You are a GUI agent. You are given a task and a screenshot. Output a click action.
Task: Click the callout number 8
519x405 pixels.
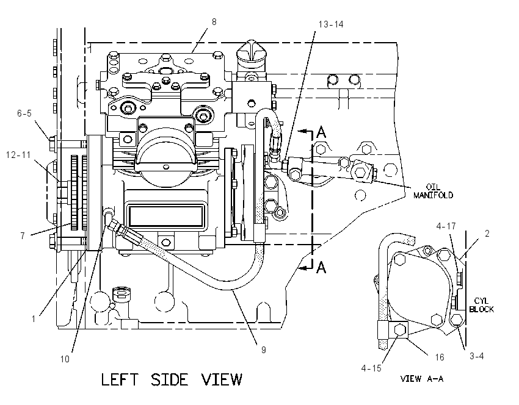214,22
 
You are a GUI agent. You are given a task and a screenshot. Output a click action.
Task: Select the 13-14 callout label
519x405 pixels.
331,24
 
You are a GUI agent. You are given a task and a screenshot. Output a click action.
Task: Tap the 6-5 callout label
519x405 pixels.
24,113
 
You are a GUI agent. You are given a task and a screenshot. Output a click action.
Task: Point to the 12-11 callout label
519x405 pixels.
18,154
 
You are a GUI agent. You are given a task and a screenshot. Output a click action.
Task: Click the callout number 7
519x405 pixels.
23,235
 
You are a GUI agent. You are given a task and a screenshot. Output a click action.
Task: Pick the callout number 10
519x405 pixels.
65,359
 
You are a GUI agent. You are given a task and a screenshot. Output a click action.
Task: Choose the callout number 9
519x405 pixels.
264,349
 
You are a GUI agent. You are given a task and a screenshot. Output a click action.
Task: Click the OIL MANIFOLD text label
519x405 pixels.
433,191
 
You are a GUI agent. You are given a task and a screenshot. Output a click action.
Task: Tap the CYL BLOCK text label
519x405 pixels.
481,305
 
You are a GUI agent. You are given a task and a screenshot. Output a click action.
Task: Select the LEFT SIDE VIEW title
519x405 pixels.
172,379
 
